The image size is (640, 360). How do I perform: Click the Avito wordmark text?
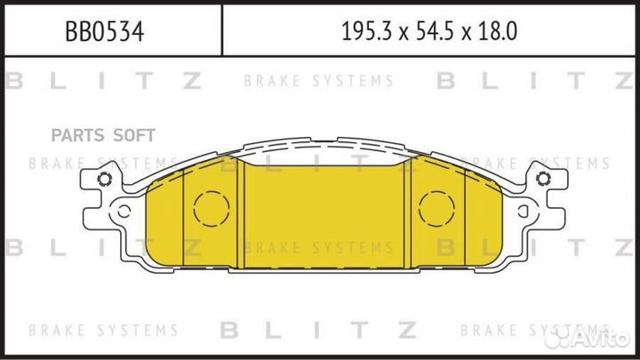point(604,336)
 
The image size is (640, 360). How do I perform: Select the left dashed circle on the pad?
point(212,209)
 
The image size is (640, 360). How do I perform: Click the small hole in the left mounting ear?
point(105,183)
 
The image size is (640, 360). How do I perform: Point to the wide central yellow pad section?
point(324,213)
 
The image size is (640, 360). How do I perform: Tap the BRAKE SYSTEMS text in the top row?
point(318,82)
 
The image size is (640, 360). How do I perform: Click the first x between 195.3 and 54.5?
point(401,34)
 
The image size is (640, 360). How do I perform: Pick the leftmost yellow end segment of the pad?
point(162,218)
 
